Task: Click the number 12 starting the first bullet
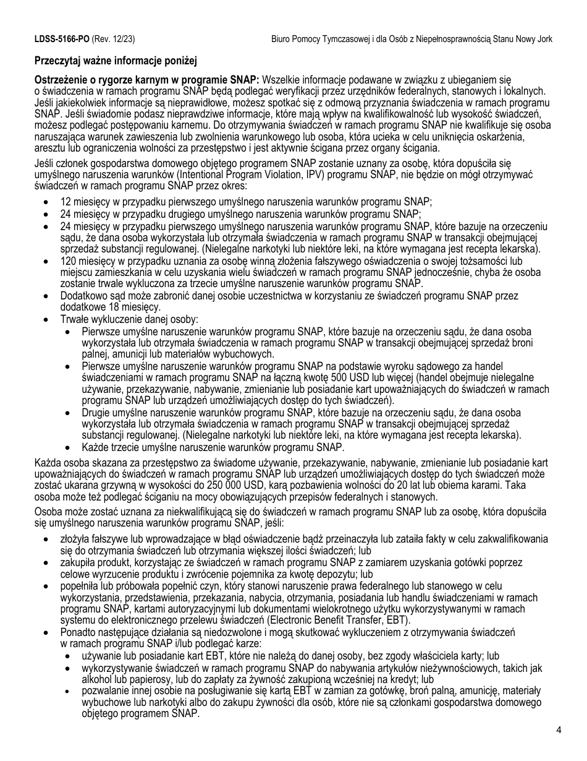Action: [x=65, y=202]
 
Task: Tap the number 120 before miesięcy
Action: [x=68, y=262]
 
